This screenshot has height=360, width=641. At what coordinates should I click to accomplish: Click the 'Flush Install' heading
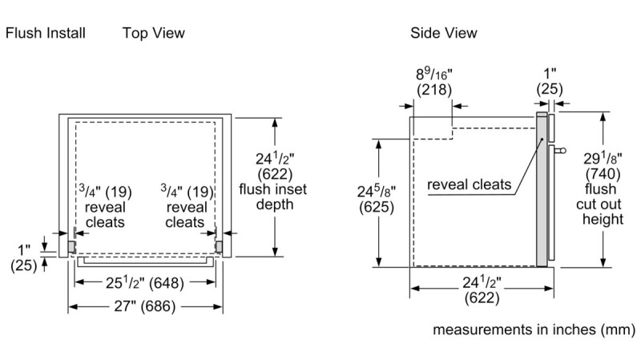pyautogui.click(x=46, y=33)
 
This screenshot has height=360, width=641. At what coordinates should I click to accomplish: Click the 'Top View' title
pyautogui.click(x=154, y=33)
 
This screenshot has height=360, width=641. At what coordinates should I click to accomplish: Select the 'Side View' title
pyautogui.click(x=444, y=33)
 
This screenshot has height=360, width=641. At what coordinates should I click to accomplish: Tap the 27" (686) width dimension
pyautogui.click(x=145, y=306)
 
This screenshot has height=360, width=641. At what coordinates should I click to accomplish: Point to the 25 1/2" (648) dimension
pyautogui.click(x=145, y=283)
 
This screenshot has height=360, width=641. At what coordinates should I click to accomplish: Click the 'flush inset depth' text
pyautogui.click(x=273, y=196)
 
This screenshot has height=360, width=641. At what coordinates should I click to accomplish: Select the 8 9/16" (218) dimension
pyautogui.click(x=434, y=82)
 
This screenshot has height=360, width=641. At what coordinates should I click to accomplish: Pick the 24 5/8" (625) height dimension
pyautogui.click(x=377, y=199)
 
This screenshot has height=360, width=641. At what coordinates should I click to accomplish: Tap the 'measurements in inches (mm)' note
pyautogui.click(x=534, y=330)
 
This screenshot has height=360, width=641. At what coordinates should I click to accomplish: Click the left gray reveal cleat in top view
pyautogui.click(x=71, y=247)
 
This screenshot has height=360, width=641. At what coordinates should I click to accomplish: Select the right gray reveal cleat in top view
pyautogui.click(x=219, y=247)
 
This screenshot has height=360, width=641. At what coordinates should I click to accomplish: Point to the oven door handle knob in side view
pyautogui.click(x=563, y=151)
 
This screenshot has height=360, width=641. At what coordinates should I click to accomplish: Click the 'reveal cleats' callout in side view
pyautogui.click(x=470, y=184)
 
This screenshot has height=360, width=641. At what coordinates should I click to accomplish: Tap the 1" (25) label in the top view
pyautogui.click(x=24, y=257)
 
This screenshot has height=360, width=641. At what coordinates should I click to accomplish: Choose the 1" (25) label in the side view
pyautogui.click(x=550, y=82)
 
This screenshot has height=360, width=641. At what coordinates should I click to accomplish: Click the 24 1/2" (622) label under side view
pyautogui.click(x=482, y=290)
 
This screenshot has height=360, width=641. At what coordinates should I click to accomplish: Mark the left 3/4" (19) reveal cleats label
pyautogui.click(x=105, y=207)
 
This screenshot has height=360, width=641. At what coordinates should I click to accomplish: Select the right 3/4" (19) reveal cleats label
pyautogui.click(x=187, y=207)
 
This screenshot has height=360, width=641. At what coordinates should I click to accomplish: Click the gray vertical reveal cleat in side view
pyautogui.click(x=542, y=189)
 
